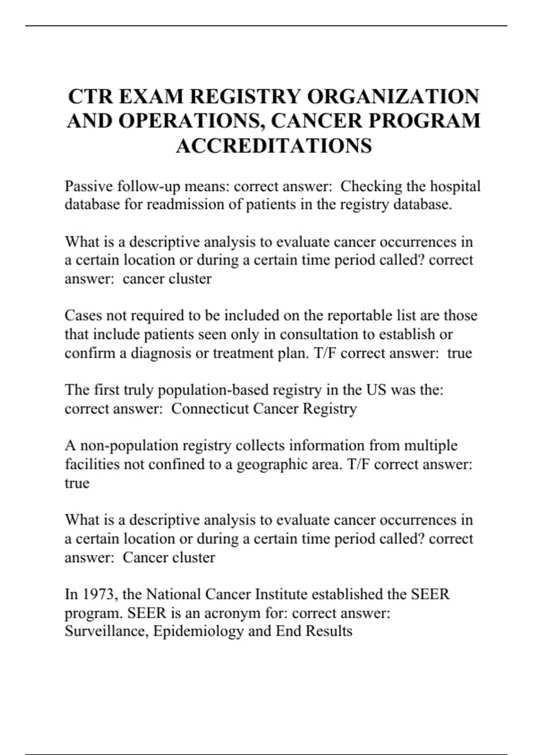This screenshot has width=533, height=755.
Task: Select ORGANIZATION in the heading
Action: (393, 96)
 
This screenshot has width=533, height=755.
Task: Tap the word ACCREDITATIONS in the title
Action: (274, 145)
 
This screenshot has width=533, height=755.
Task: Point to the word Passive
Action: (88, 186)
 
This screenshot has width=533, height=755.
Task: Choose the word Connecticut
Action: (210, 409)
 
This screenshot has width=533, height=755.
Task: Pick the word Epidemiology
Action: (198, 631)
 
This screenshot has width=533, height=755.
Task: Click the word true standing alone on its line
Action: (77, 483)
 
